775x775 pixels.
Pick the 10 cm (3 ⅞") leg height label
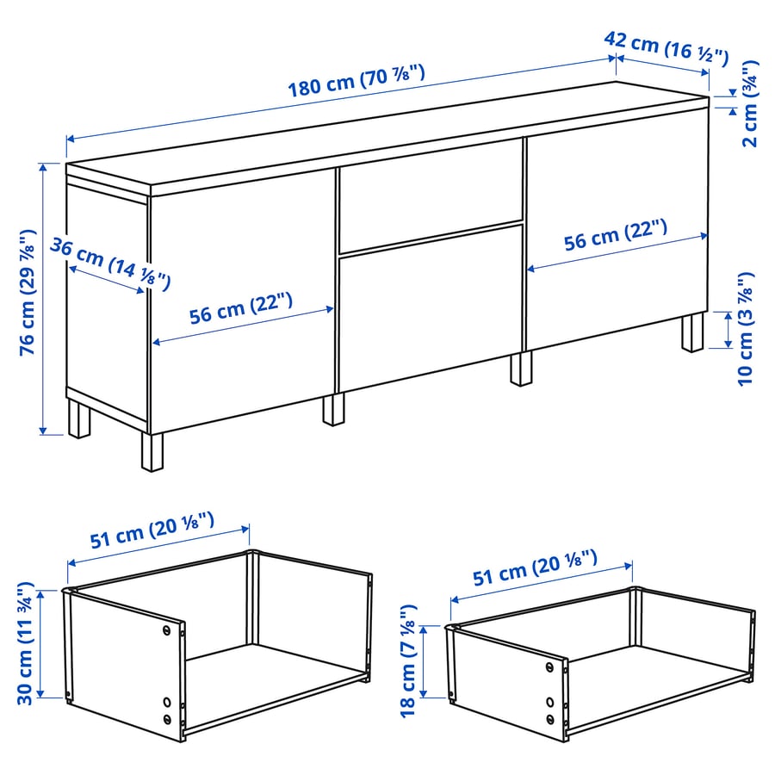(x=746, y=328)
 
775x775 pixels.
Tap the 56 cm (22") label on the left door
(x=241, y=309)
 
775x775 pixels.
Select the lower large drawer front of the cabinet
(x=431, y=306)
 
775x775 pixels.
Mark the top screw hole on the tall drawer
(x=166, y=631)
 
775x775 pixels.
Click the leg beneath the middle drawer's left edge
(x=333, y=408)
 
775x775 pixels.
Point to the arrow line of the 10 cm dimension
(x=728, y=331)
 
